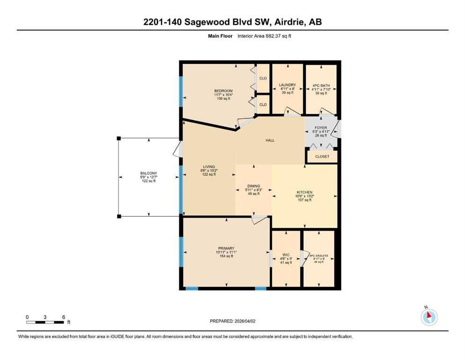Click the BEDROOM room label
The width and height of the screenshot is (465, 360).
[x=223, y=91]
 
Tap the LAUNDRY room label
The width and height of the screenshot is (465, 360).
[x=288, y=85]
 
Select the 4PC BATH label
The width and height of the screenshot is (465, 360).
[x=321, y=85]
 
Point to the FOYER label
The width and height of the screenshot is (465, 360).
[x=321, y=127]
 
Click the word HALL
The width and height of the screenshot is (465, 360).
[x=270, y=140]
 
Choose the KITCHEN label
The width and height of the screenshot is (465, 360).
[x=304, y=192]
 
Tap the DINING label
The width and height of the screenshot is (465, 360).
[x=253, y=186]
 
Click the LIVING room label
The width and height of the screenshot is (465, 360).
[x=209, y=167]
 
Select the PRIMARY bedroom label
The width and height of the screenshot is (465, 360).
[x=226, y=248]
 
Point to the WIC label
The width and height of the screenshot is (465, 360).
[x=286, y=255]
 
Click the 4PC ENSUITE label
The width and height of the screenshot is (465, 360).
[x=319, y=255]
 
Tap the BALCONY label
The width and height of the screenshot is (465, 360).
[x=148, y=173]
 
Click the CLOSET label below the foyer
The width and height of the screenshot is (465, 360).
[x=322, y=157]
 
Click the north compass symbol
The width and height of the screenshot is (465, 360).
[x=429, y=317]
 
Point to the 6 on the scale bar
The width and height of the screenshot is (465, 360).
[x=64, y=317]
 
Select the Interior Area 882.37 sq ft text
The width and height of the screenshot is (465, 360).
[x=264, y=36]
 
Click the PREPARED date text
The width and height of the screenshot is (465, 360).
[x=232, y=321]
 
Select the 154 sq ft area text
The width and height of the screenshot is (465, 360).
[x=226, y=256]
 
